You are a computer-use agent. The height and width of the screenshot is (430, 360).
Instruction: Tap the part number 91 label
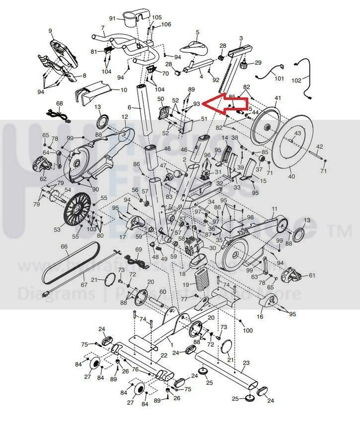click(x=112, y=18)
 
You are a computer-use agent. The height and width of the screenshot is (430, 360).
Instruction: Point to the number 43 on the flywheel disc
click(x=297, y=134)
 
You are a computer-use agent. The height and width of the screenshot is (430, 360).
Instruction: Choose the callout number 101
click(x=279, y=78)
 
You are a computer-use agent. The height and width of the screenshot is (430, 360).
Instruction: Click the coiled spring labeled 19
click(x=201, y=282)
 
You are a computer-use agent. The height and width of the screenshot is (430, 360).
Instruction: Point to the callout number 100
click(x=248, y=330)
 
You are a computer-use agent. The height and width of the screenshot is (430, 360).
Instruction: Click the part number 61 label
click(x=312, y=275)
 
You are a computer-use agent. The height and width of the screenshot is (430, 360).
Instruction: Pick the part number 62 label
click(x=43, y=179)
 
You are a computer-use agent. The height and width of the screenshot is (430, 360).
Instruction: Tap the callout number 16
click(x=260, y=317)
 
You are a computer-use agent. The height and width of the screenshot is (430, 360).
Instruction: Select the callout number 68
click(x=60, y=104)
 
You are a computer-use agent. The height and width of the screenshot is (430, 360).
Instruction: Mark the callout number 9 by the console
click(x=50, y=31)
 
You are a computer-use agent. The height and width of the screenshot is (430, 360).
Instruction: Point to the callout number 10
click(x=124, y=90)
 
